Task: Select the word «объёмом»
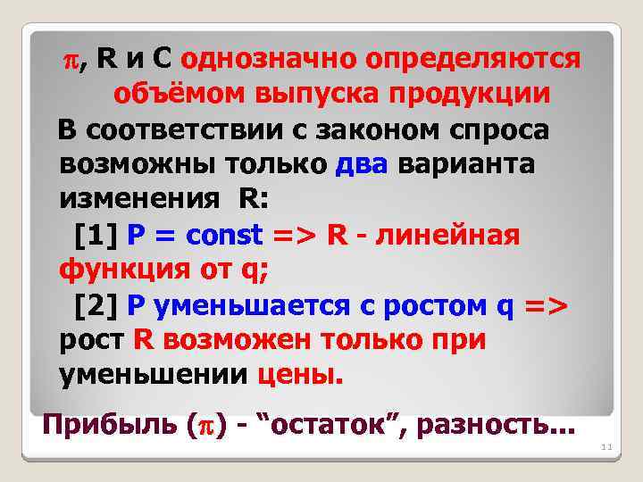click(x=182, y=95)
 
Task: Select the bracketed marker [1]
click(x=96, y=236)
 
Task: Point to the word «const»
click(x=226, y=236)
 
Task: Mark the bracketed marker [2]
click(x=96, y=306)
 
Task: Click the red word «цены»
click(x=298, y=376)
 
